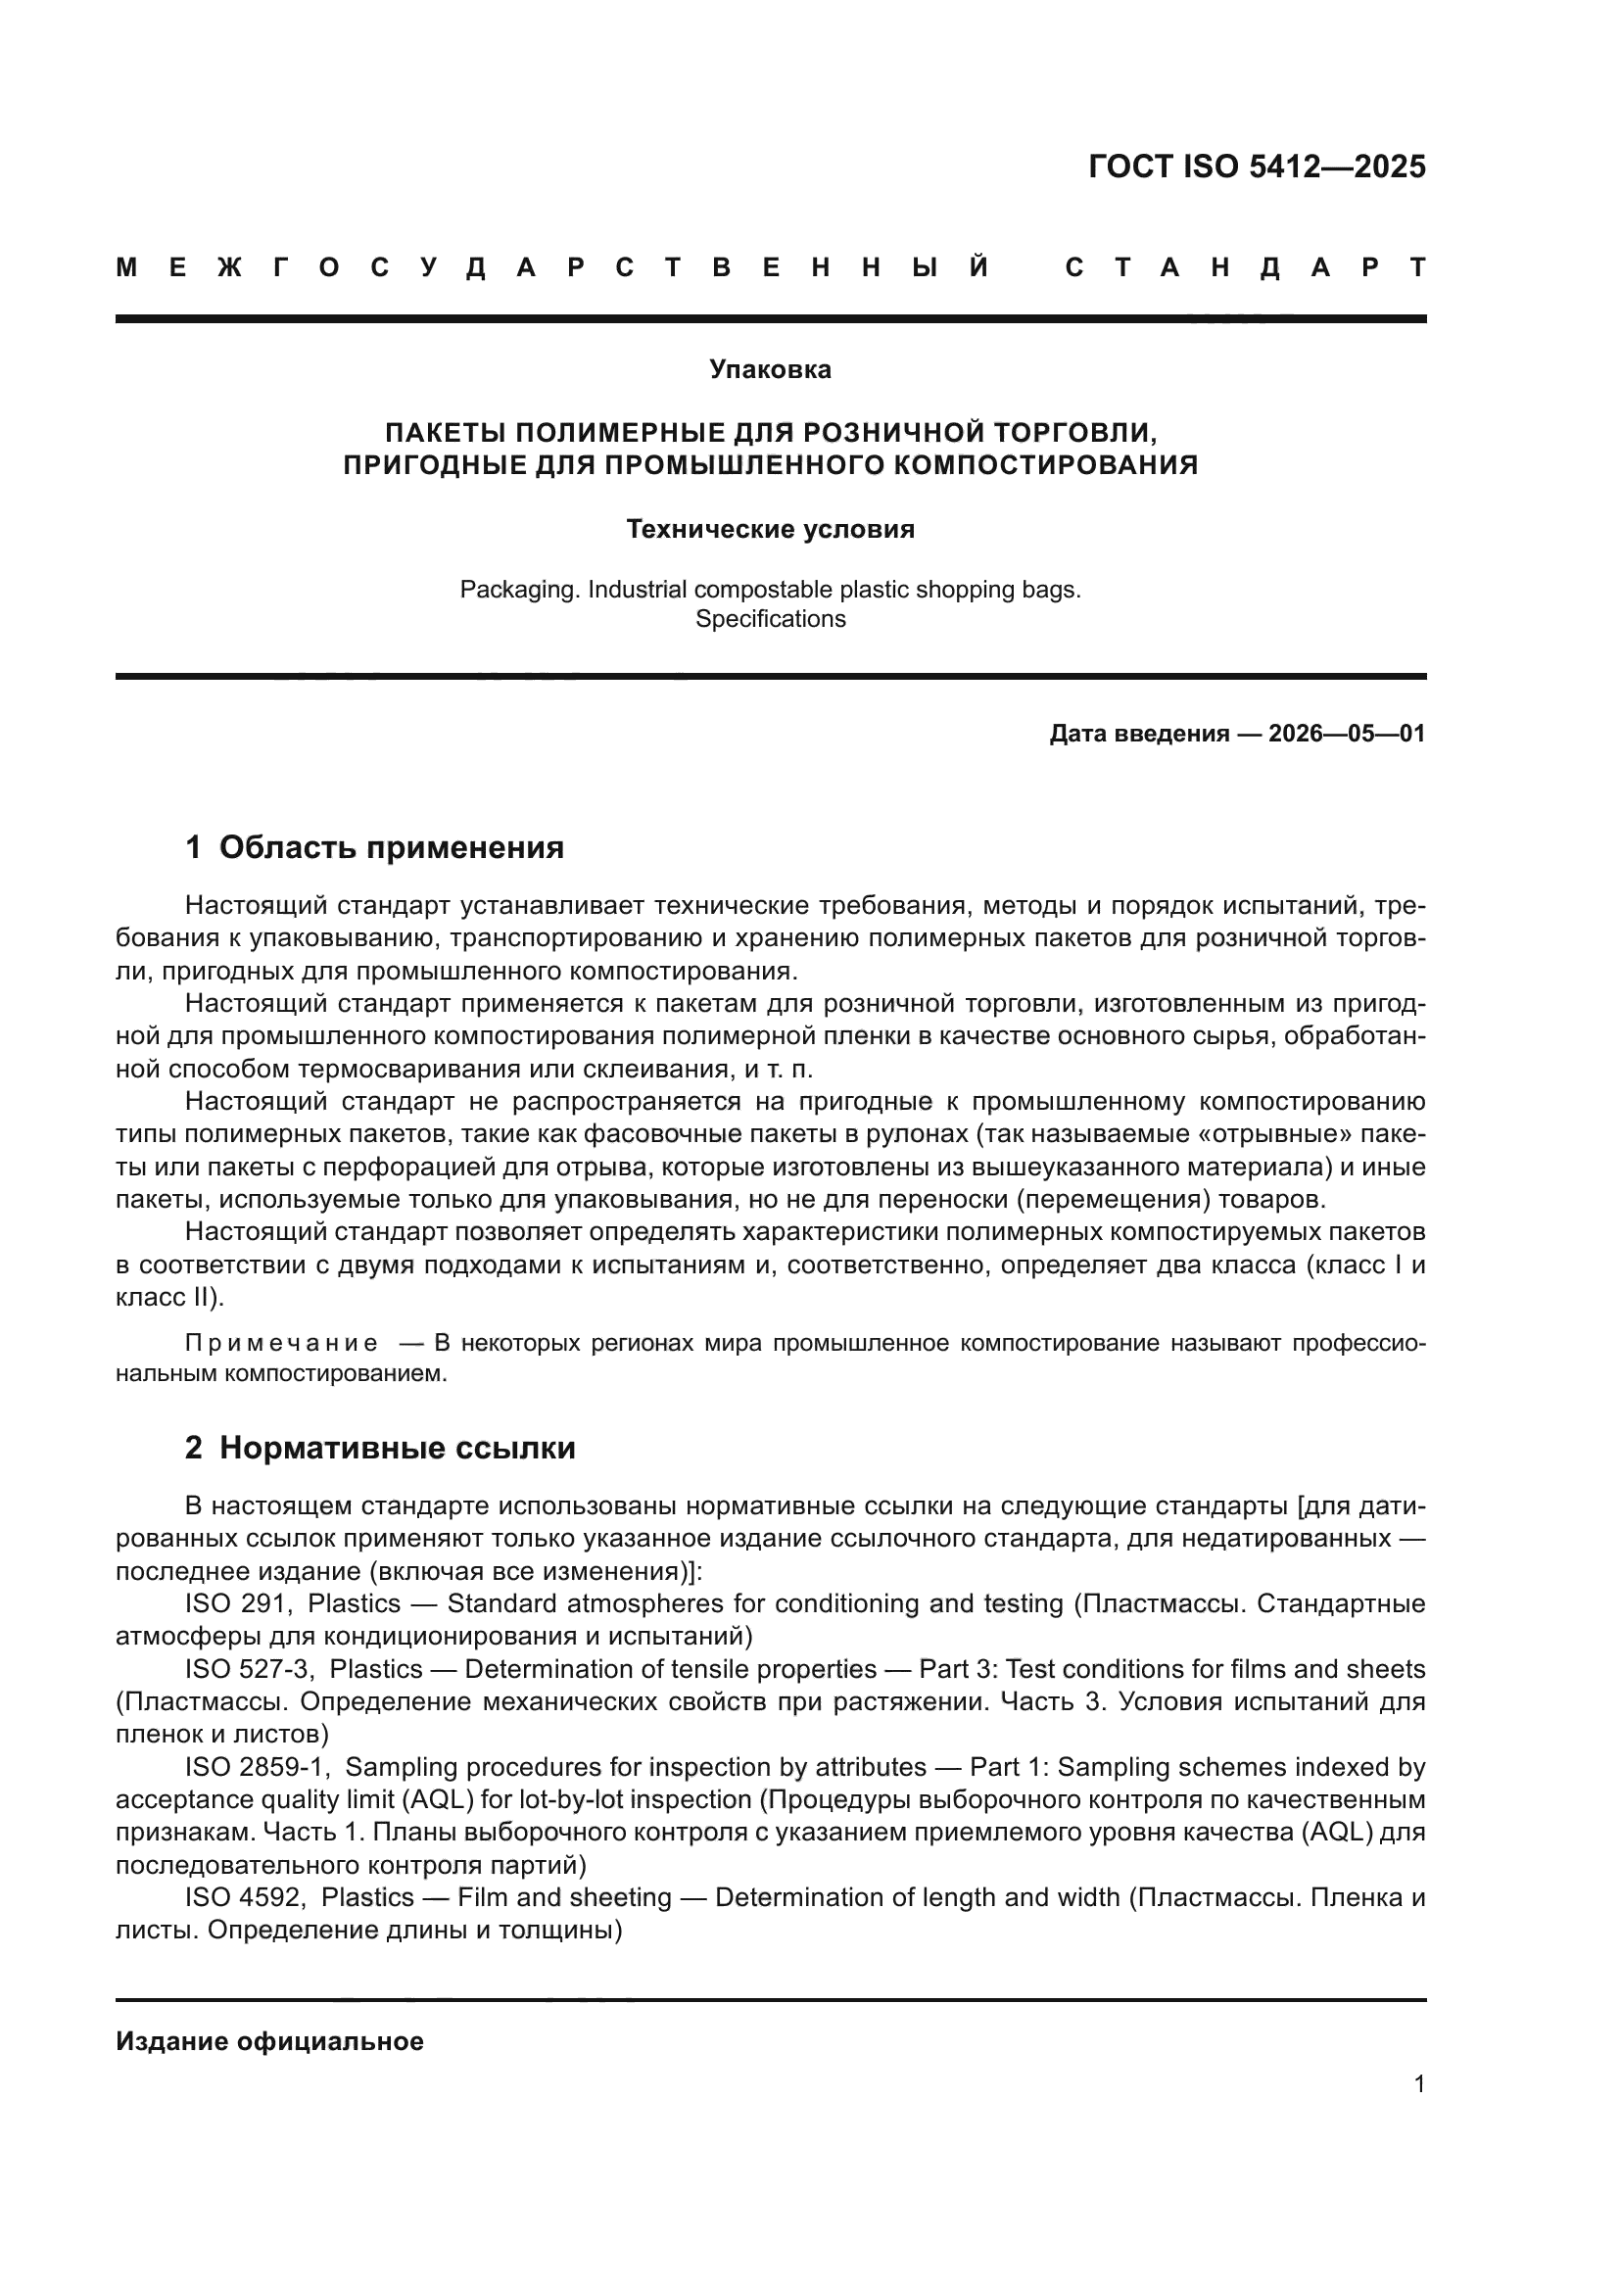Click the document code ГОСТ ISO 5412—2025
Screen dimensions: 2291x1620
[1256, 167]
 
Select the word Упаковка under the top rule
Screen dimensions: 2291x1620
[770, 370]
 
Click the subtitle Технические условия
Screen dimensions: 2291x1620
[770, 530]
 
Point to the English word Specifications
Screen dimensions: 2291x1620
[770, 620]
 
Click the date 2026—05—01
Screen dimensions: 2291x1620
[1346, 735]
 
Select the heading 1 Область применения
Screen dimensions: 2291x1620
[374, 848]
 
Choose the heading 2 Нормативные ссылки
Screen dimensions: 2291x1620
[380, 1448]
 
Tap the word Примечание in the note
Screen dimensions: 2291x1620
[281, 1344]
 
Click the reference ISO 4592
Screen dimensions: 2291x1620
[244, 1898]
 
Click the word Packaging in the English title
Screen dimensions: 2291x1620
[519, 590]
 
